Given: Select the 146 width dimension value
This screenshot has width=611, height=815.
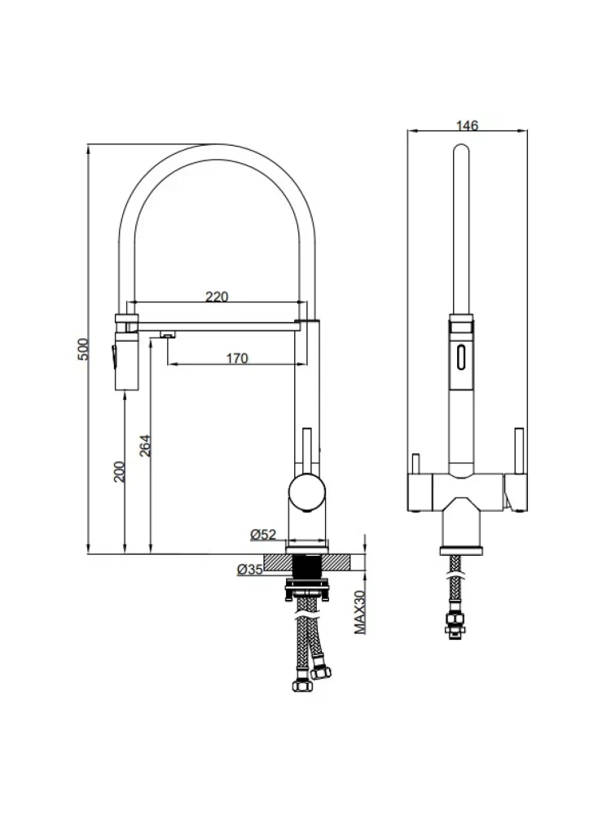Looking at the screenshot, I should point(467,126).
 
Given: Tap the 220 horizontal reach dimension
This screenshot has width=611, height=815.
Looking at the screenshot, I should point(216,297).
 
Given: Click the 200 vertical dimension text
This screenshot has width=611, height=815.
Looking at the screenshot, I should point(119,472).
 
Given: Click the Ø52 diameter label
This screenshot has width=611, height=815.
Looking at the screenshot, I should point(263,535).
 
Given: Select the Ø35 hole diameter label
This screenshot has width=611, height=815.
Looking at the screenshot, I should point(249,570).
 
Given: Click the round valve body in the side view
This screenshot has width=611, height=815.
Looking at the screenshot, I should point(308,492).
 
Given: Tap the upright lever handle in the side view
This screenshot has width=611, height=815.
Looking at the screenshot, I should point(307,448).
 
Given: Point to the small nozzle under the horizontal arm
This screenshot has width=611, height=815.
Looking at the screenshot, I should point(167,333).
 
